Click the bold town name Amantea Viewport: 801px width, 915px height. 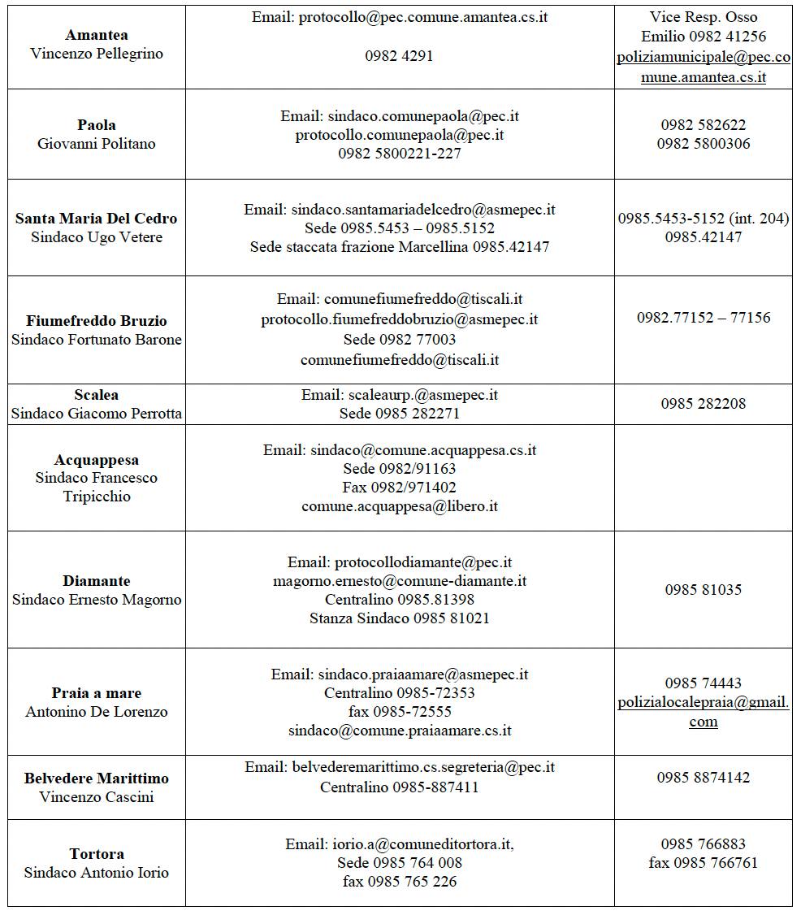[x=97, y=35]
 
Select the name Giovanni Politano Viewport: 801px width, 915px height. [x=97, y=144]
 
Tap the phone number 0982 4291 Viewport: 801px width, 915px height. [x=399, y=56]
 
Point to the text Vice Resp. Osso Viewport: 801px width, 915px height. [x=703, y=17]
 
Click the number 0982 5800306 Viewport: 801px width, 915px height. [x=703, y=144]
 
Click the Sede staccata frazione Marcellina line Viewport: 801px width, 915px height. [x=399, y=247]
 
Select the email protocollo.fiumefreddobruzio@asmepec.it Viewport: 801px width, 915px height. [x=399, y=320]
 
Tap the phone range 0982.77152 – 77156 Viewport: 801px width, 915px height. [x=703, y=318]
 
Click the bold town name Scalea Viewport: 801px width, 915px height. [x=97, y=395]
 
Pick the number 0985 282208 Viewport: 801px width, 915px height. [x=703, y=404]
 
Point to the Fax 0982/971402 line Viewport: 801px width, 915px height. [x=399, y=488]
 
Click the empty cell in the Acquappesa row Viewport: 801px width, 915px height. [x=703, y=478]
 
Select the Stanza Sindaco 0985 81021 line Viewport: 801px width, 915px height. [x=399, y=618]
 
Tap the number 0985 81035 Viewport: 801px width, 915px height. [x=703, y=590]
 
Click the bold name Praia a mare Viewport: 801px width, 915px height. [x=97, y=693]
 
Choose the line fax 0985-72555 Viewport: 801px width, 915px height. [x=399, y=712]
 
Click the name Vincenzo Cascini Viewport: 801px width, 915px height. [x=97, y=797]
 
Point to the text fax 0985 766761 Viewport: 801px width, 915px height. [x=703, y=863]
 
